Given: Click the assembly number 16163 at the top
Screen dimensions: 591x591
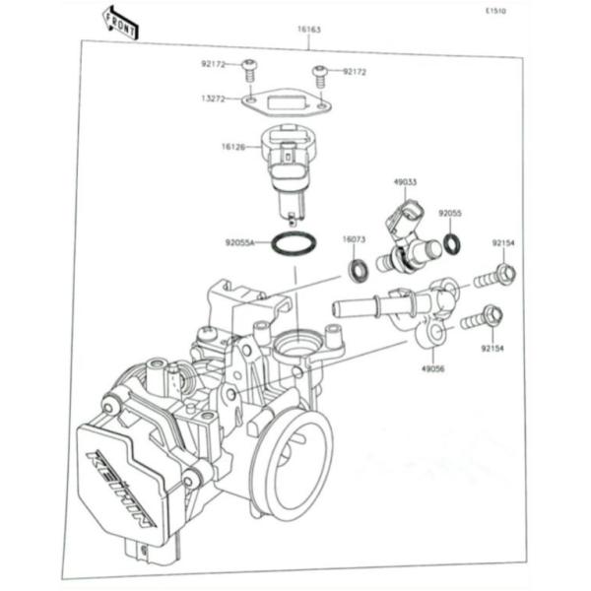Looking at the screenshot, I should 308,30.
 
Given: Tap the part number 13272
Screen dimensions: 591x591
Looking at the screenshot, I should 214,98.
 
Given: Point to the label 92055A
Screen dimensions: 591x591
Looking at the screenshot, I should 240,240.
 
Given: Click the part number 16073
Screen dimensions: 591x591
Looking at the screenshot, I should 355,239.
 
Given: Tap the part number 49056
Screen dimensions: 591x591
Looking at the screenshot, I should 434,370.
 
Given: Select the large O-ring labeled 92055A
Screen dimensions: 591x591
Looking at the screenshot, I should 292,243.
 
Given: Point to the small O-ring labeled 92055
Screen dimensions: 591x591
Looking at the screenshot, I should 451,242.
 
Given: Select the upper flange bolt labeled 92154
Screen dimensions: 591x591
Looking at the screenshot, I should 497,276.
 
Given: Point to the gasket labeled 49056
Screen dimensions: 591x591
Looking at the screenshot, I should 430,336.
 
